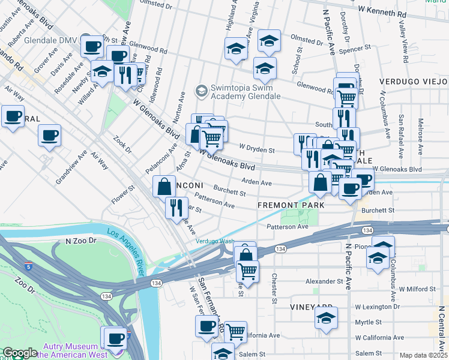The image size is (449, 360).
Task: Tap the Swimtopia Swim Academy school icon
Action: pyautogui.click(x=200, y=91)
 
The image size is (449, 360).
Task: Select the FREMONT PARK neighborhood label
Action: pyautogui.click(x=291, y=205)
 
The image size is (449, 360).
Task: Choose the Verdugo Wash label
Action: pyautogui.click(x=214, y=242)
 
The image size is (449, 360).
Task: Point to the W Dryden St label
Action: pyautogui.click(x=256, y=148)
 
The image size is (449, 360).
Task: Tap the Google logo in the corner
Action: pyautogui.click(x=19, y=353)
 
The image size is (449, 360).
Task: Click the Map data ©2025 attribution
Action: pyautogui.click(x=423, y=355)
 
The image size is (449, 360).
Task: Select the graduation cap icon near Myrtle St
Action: pyautogui.click(x=326, y=318)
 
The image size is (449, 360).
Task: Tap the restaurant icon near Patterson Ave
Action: pyautogui.click(x=176, y=208)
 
